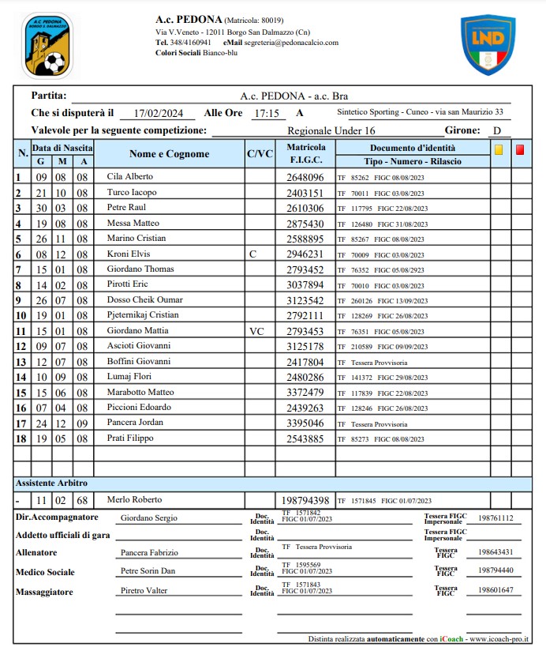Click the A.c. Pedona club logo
[48, 45]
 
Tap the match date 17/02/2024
[159, 113]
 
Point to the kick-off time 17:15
[267, 113]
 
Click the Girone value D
[496, 130]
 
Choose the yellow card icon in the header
[498, 149]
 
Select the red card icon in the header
[520, 149]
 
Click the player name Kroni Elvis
[128, 254]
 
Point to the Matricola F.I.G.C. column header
[305, 154]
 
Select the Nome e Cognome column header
[169, 154]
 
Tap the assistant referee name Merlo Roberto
[134, 499]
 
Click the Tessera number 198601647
[496, 589]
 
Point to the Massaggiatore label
[45, 591]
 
